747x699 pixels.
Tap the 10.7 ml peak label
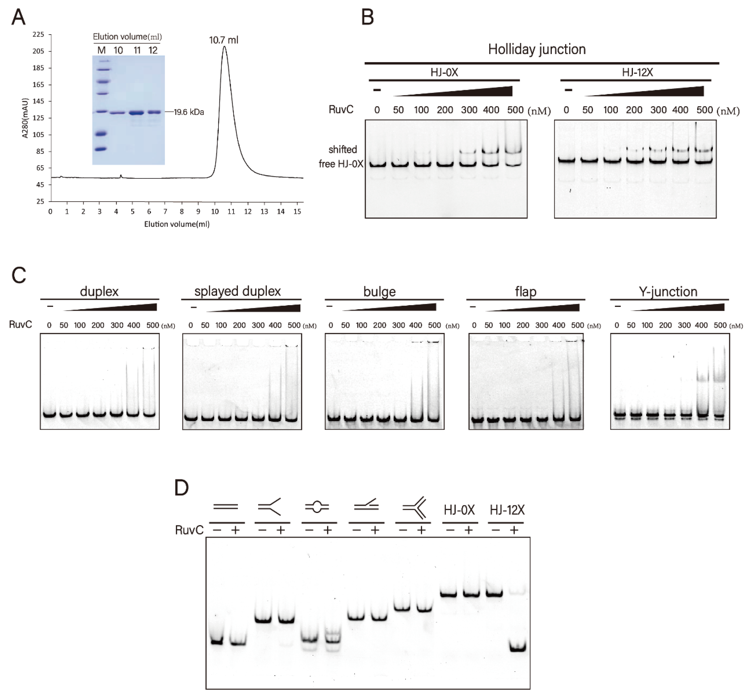[x=224, y=40]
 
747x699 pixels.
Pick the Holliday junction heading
[x=537, y=49]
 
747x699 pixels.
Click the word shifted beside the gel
[x=342, y=150]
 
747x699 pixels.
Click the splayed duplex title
[x=237, y=291]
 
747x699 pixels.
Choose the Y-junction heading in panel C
[x=668, y=292]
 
